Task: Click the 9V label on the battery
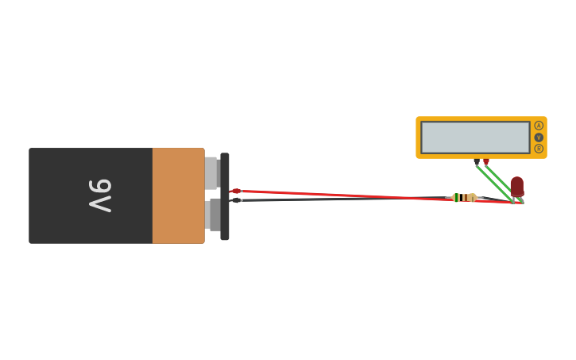pyautogui.click(x=100, y=195)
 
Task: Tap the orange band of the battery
pyautogui.click(x=178, y=195)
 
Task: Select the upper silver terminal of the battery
pyautogui.click(x=211, y=172)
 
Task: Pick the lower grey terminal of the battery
pyautogui.click(x=213, y=215)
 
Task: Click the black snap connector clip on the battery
pyautogui.click(x=225, y=196)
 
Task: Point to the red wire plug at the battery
pyautogui.click(x=236, y=191)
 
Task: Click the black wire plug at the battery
pyautogui.click(x=236, y=200)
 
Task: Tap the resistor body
pyautogui.click(x=464, y=197)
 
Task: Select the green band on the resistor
pyautogui.click(x=459, y=197)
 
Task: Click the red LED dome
pyautogui.click(x=517, y=185)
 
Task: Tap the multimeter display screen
pyautogui.click(x=475, y=137)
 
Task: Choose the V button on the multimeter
pyautogui.click(x=539, y=137)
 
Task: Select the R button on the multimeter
pyautogui.click(x=539, y=149)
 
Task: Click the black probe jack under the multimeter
pyautogui.click(x=477, y=162)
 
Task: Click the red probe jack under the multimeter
pyautogui.click(x=486, y=162)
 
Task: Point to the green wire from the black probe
pyautogui.click(x=493, y=181)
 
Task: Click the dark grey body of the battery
pyautogui.click(x=64, y=195)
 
